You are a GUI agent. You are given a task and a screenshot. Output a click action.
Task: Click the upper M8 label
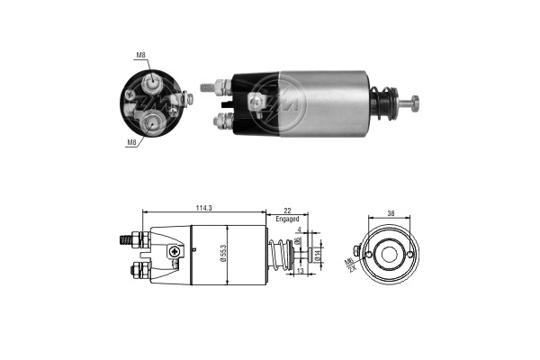[141, 55]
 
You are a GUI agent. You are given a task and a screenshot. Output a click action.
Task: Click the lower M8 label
[132, 141]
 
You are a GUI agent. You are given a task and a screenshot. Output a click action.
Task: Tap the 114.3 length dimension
[203, 208]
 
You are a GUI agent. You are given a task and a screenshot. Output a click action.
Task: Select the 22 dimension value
[287, 211]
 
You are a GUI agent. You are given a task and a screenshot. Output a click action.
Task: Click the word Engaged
[287, 219]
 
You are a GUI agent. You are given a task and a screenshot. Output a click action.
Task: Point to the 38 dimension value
[391, 213]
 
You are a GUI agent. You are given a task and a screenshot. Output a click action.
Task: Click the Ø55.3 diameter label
[223, 254]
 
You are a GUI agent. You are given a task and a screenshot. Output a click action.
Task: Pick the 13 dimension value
[300, 271]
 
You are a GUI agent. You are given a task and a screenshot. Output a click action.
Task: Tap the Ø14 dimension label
[318, 255]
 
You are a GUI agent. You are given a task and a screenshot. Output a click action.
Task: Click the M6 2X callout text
[349, 263]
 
